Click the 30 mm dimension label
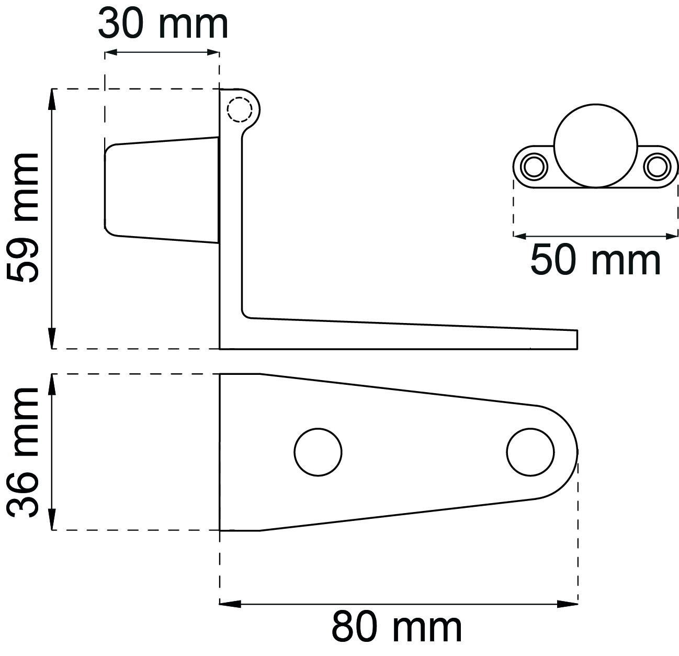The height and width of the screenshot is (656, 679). (x=163, y=24)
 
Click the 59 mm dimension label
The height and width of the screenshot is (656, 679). (x=22, y=217)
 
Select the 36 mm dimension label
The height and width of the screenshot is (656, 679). (x=22, y=452)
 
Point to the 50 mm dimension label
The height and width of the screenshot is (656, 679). (x=595, y=261)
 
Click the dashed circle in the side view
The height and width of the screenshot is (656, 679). (x=240, y=109)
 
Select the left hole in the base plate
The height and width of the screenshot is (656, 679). (x=318, y=452)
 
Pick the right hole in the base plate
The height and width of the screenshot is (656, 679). (x=530, y=452)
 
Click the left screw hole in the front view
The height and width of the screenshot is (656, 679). (x=534, y=167)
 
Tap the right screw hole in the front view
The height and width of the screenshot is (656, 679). (x=657, y=167)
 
